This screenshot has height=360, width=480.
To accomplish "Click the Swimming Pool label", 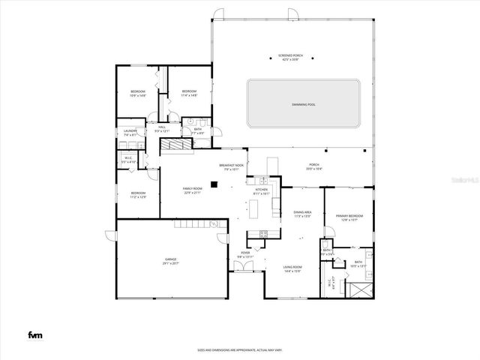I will click(x=303, y=104).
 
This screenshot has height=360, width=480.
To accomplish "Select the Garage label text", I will click(x=171, y=259).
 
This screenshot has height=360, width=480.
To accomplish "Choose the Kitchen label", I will click(x=261, y=190).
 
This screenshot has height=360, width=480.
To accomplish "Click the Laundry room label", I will click(x=130, y=131).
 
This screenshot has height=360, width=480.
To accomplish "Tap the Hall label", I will click(x=162, y=127).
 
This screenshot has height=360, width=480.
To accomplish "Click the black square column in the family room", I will click(x=214, y=184).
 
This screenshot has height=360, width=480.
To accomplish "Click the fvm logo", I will click(x=34, y=334).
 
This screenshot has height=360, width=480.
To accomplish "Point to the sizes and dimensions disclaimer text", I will click(x=239, y=349).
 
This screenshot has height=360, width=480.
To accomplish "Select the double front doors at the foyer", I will click(x=244, y=271).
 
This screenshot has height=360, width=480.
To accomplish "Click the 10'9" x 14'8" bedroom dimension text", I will click(x=137, y=95).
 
